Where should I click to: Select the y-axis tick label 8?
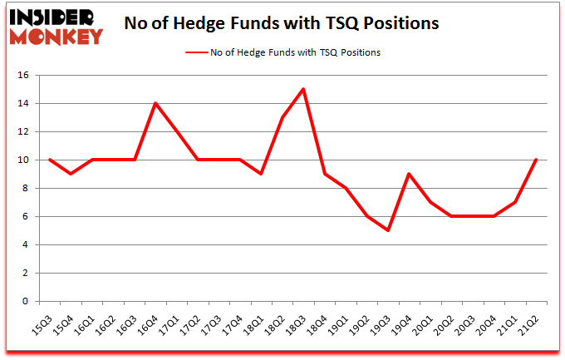pyautogui.click(x=26, y=189)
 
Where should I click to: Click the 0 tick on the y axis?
pyautogui.click(x=26, y=302)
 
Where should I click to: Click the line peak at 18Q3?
pyautogui.click(x=303, y=89)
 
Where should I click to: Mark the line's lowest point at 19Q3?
pyautogui.click(x=387, y=230)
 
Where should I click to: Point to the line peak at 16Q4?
pyautogui.click(x=155, y=103)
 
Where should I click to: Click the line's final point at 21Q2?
pyautogui.click(x=535, y=160)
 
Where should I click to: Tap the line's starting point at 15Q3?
pyautogui.click(x=51, y=160)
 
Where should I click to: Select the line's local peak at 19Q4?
pyautogui.click(x=409, y=174)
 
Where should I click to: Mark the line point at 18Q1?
pyautogui.click(x=261, y=174)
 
